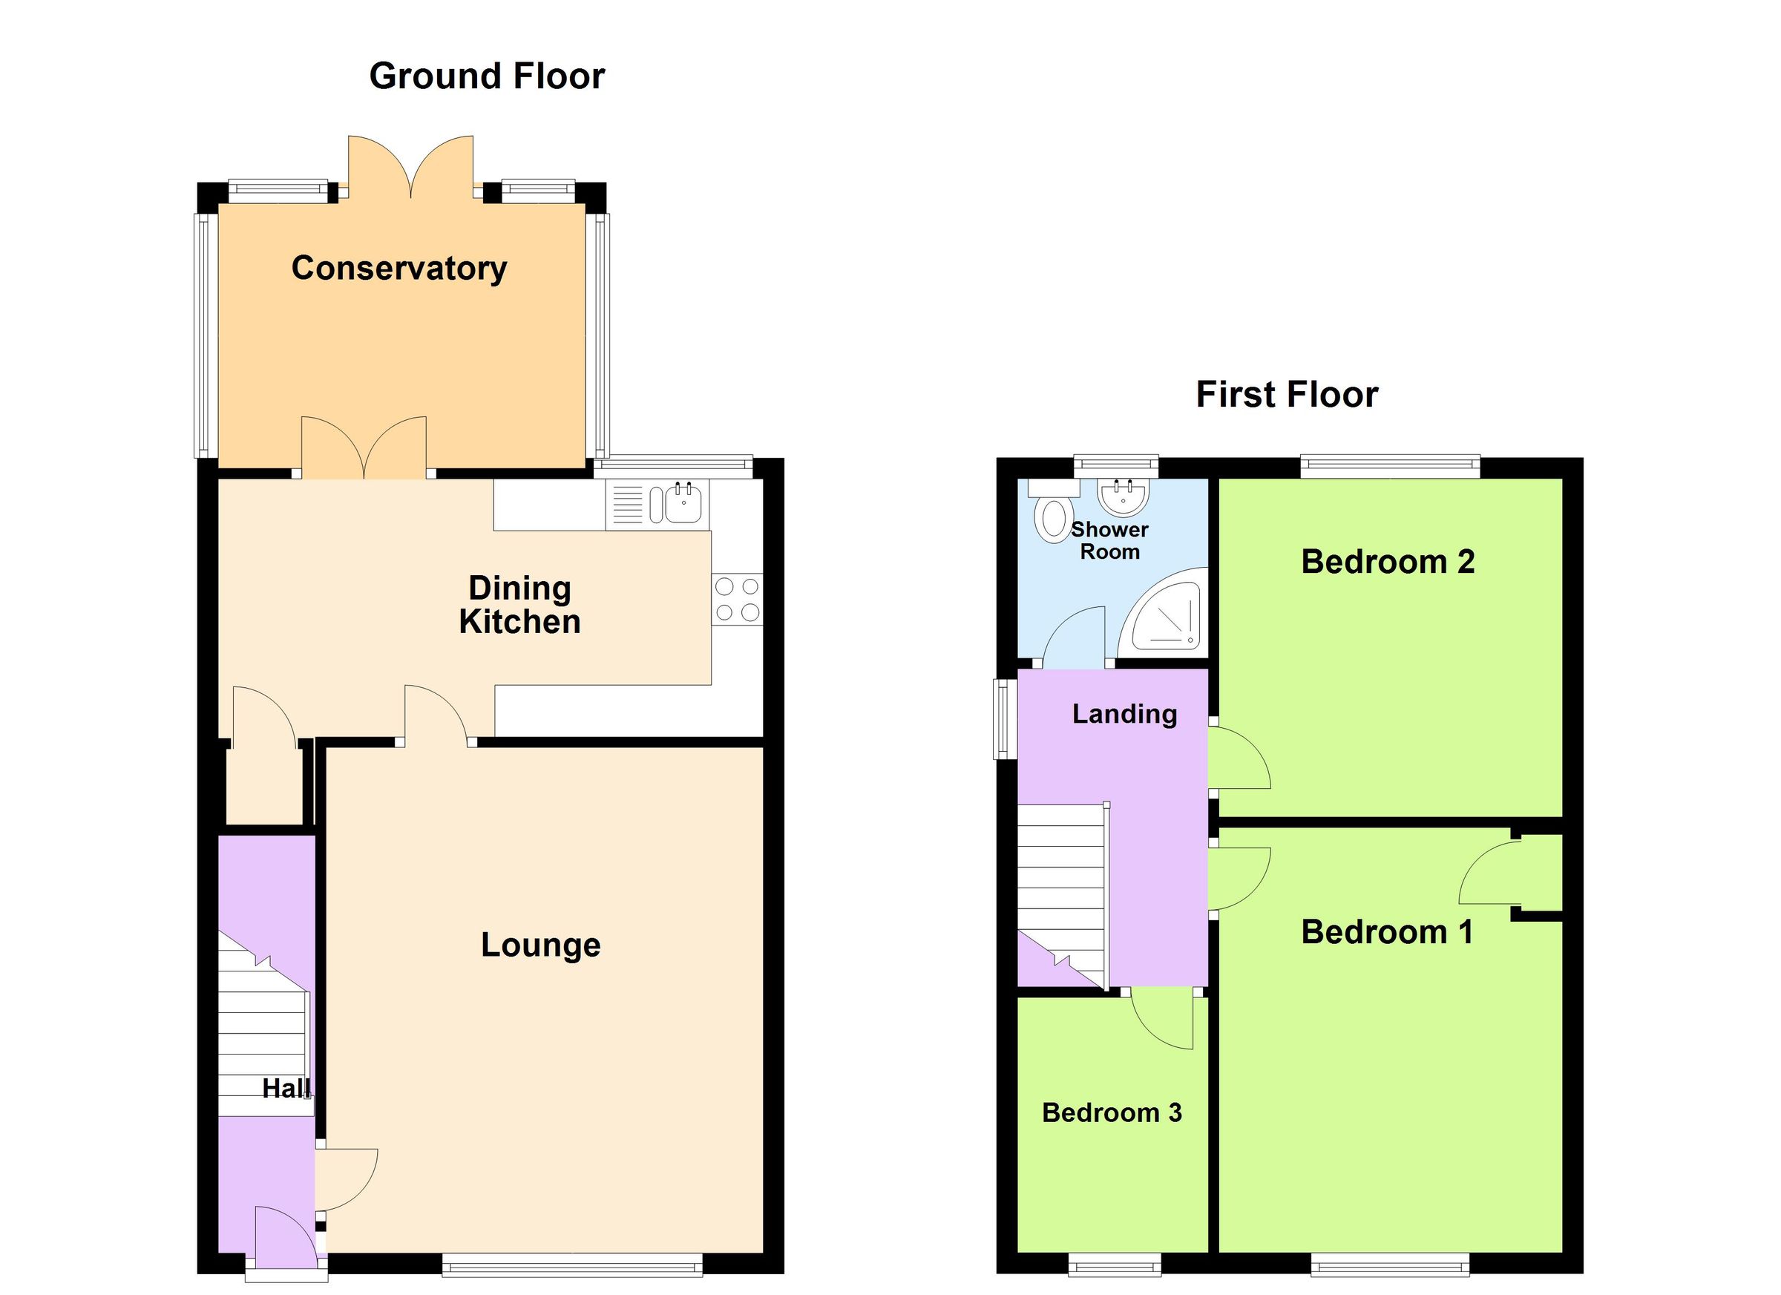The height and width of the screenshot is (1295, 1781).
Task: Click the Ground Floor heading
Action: click(x=487, y=76)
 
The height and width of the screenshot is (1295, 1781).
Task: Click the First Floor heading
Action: click(x=1286, y=394)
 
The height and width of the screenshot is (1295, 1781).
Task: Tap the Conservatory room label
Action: click(x=399, y=269)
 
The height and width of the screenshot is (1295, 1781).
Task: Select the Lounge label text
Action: click(x=540, y=945)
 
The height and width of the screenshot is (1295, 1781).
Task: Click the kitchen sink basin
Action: click(x=683, y=504)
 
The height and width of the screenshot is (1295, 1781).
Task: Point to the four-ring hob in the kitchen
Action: click(x=737, y=599)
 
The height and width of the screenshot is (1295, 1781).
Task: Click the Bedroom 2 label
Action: click(x=1388, y=563)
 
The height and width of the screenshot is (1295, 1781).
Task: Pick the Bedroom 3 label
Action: click(x=1111, y=1112)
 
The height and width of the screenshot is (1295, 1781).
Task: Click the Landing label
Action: click(x=1124, y=714)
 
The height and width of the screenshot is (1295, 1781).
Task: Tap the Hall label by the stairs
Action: click(x=286, y=1089)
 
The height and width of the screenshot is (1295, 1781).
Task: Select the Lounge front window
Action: click(x=571, y=1264)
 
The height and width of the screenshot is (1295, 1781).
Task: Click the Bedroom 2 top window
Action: click(x=1389, y=466)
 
